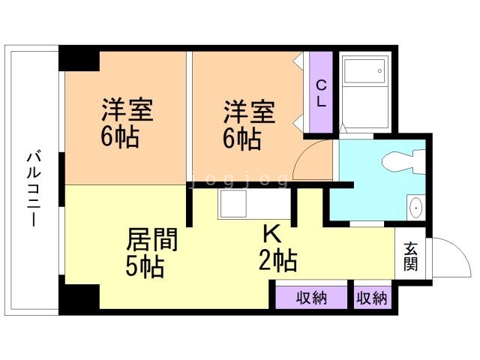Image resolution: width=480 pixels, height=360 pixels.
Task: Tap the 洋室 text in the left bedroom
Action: pyautogui.click(x=127, y=111)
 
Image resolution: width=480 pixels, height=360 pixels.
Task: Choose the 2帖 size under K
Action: pyautogui.click(x=278, y=261)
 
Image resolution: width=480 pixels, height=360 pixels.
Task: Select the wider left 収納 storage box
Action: pyautogui.click(x=311, y=298)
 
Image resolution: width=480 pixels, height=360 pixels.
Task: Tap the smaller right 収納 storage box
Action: pyautogui.click(x=372, y=298)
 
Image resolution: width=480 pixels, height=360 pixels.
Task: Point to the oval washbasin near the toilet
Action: pyautogui.click(x=415, y=206)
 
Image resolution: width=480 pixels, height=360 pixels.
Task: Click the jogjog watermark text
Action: pyautogui.click(x=238, y=180)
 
